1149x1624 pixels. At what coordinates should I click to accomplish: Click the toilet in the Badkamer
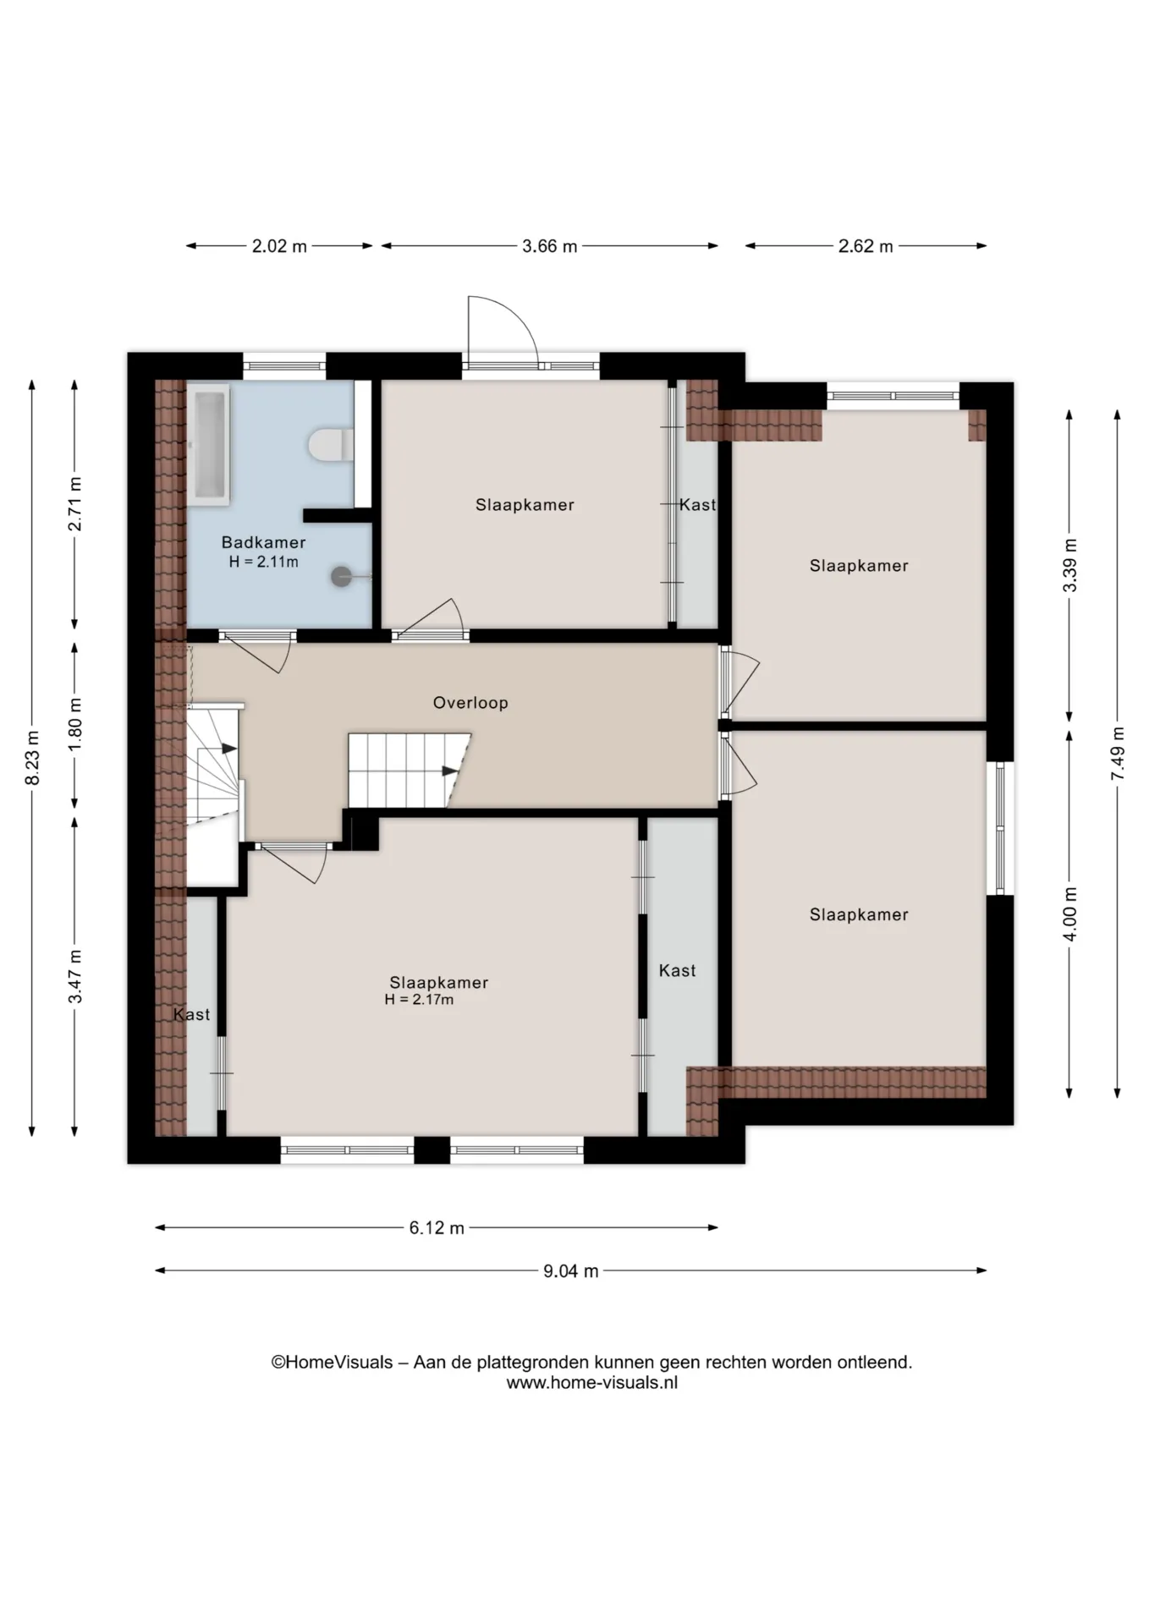coord(332,445)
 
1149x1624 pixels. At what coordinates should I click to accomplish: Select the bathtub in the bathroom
coord(208,445)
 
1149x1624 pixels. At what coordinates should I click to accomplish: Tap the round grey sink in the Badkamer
coord(341,576)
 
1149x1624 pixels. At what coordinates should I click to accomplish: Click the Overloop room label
coord(470,702)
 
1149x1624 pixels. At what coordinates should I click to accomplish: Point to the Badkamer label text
coord(263,542)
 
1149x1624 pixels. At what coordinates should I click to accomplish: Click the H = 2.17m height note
coord(419,1000)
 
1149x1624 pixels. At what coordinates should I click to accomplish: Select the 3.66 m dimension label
coord(549,246)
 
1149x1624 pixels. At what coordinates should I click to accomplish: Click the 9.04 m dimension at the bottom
coord(570,1270)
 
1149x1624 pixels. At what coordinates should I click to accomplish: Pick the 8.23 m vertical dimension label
coord(32,758)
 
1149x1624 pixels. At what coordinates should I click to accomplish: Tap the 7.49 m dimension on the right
coord(1118,754)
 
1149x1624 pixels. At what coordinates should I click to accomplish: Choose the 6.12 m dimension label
coord(437,1227)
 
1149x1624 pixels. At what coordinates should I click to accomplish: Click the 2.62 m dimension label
coord(866,246)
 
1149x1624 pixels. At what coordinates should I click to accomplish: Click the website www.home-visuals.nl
coord(591,1383)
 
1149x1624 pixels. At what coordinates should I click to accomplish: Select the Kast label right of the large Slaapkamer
coord(677,970)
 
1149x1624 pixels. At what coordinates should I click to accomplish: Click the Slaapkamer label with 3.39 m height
coord(859,565)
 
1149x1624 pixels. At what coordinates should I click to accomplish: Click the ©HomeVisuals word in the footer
coord(332,1363)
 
